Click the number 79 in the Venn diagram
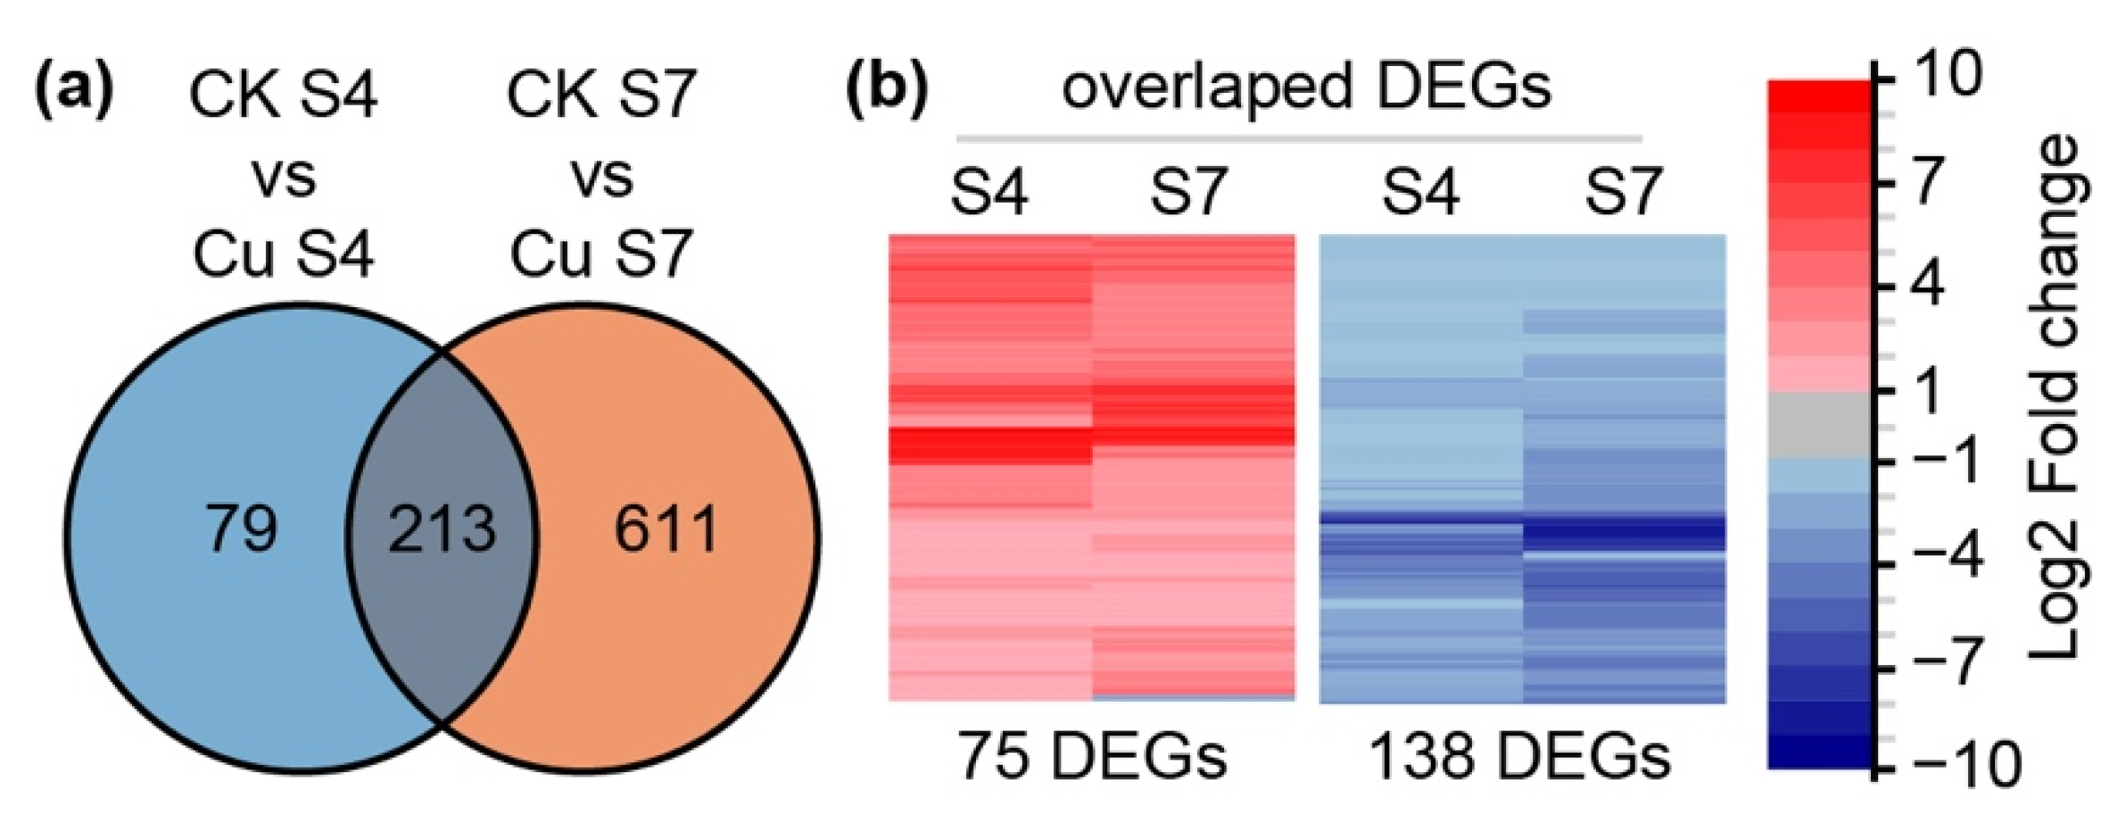coord(242,528)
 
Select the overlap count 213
coord(443,528)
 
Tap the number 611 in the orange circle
coord(666,528)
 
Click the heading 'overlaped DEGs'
coord(1306,88)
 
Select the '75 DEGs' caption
coord(1092,756)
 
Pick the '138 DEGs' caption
coord(1519,756)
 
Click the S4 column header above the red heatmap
coord(989,192)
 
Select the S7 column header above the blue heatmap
coord(1623,192)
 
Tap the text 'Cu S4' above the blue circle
coord(283,254)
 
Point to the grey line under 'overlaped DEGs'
coord(1299,139)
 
